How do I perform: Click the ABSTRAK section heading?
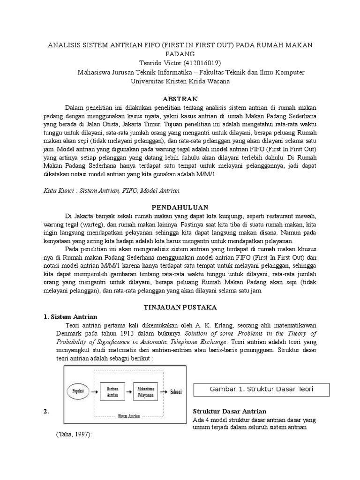click(180, 99)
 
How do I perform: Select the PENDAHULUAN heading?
click(180, 207)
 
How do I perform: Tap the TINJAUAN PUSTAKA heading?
click(180, 307)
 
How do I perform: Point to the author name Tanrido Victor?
click(158, 63)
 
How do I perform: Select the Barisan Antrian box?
click(112, 391)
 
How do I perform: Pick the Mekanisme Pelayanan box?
click(147, 391)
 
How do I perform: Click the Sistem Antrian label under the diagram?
click(129, 415)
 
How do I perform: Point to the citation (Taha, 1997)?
click(71, 435)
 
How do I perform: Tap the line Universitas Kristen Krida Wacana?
click(180, 81)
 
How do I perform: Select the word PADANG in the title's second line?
click(180, 54)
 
